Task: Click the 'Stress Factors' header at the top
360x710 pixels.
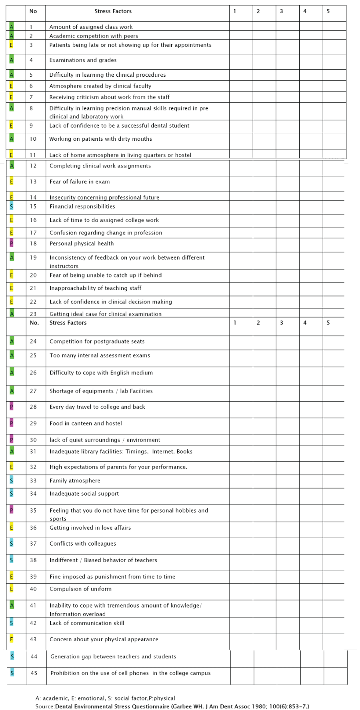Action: coord(113,11)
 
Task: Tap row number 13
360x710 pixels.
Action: coord(33,181)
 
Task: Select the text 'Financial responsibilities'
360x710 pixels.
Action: coord(82,206)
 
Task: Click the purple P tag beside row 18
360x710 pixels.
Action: coord(11,243)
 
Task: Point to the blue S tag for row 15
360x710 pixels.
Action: coord(11,206)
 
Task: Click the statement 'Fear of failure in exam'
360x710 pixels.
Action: coord(79,181)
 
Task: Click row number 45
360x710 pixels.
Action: coord(34,673)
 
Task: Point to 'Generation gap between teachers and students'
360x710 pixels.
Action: coord(113,656)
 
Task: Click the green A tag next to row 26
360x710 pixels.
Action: coord(12,373)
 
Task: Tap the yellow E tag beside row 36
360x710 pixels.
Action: coord(11,528)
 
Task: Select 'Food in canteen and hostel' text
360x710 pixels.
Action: coord(86,423)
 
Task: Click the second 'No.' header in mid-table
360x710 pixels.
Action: coord(34,323)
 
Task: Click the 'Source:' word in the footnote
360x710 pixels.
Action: coord(45,706)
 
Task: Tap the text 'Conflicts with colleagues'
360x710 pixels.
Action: coord(82,544)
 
